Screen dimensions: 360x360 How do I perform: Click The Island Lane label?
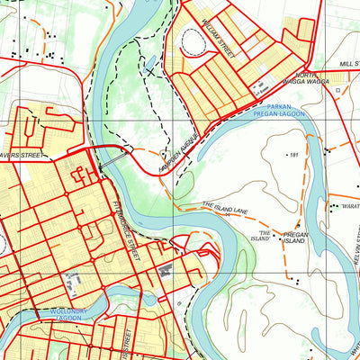(224, 209)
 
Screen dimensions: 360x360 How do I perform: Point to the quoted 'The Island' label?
(260, 235)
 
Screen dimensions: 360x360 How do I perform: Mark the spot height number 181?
(292, 155)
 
